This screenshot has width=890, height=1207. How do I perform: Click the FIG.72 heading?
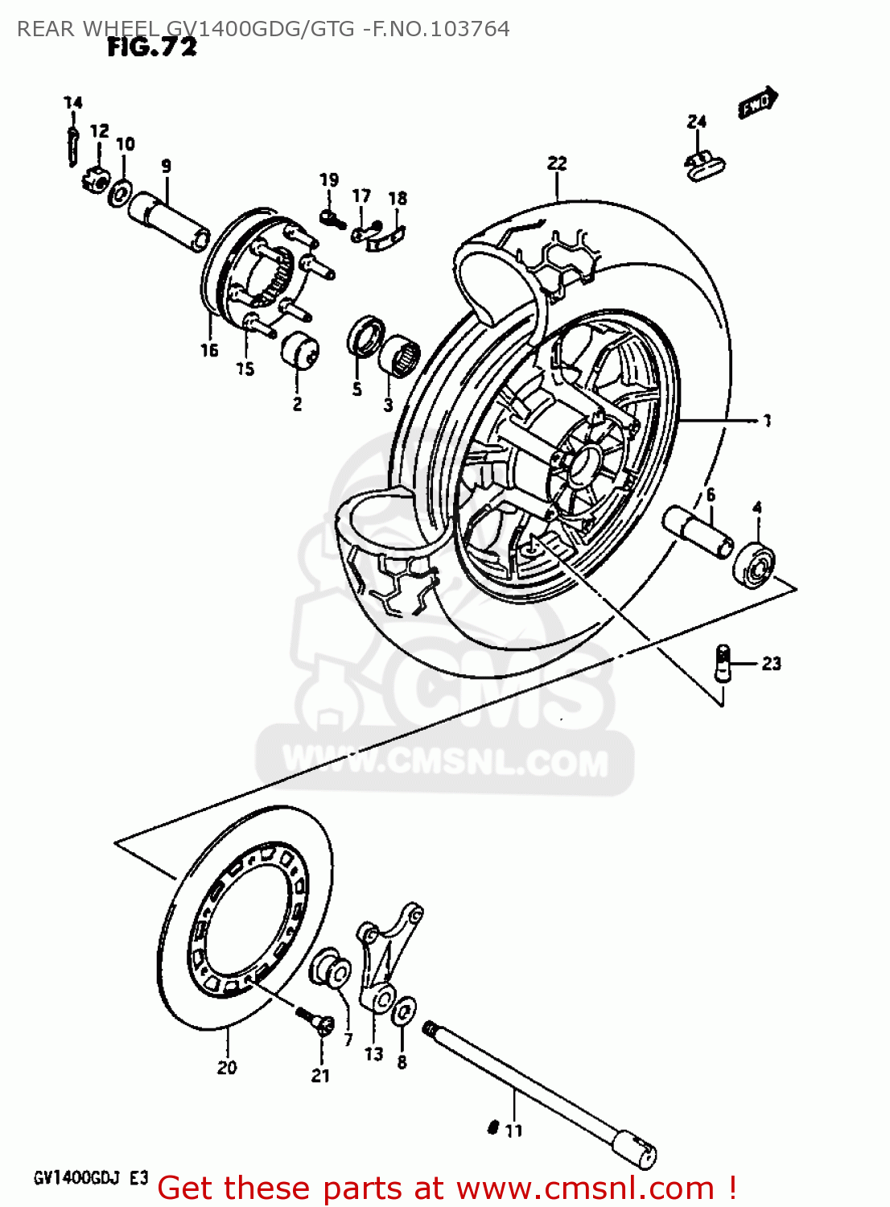(x=152, y=47)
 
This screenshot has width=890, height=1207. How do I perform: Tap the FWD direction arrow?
(x=757, y=103)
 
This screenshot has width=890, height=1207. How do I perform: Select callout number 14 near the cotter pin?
(x=73, y=102)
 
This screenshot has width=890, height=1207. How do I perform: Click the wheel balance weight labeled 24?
(x=704, y=164)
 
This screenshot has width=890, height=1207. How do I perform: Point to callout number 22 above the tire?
(x=557, y=163)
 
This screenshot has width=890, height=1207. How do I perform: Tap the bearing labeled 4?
(x=754, y=561)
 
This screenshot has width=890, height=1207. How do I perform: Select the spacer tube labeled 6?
(x=698, y=530)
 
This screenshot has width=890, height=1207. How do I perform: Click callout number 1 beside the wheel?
(x=767, y=420)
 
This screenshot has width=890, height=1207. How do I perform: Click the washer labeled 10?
(x=122, y=193)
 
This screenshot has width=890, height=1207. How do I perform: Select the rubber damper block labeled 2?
(x=299, y=352)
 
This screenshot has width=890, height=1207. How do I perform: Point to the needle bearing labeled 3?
(x=400, y=355)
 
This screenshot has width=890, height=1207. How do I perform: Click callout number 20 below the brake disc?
(x=227, y=1067)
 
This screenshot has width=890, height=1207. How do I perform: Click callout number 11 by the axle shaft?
(x=513, y=1131)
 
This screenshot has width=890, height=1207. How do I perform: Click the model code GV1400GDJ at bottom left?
(x=77, y=1179)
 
